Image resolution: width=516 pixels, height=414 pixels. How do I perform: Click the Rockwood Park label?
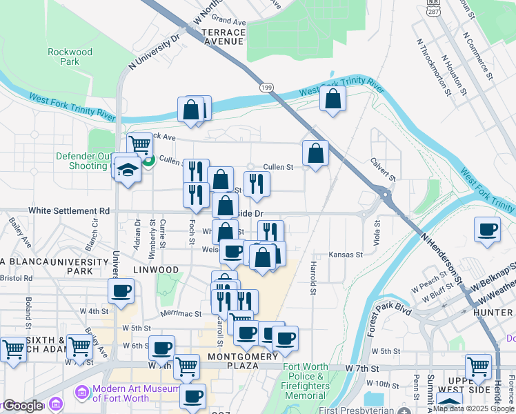pyautogui.click(x=70, y=57)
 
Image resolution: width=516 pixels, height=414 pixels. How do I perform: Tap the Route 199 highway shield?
pyautogui.click(x=266, y=87)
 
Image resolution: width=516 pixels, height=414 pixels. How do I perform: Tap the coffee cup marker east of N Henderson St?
pyautogui.click(x=488, y=230)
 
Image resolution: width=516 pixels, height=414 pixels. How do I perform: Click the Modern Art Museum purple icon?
pyautogui.click(x=82, y=393)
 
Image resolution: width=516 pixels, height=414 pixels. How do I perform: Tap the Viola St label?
pyautogui.click(x=377, y=233)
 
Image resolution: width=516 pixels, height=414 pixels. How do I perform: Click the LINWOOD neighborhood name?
pyautogui.click(x=156, y=270)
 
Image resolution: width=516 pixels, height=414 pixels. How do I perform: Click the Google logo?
pyautogui.click(x=23, y=406)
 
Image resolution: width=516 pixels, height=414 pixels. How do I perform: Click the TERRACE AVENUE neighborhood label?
pyautogui.click(x=222, y=37)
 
